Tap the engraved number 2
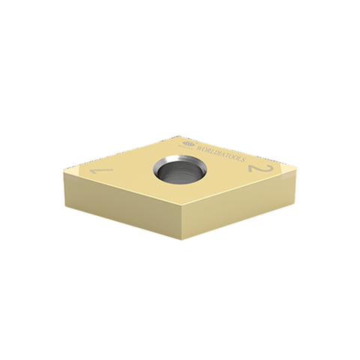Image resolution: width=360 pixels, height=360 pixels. [260, 171]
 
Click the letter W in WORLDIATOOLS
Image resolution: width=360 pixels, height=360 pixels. [197, 142]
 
